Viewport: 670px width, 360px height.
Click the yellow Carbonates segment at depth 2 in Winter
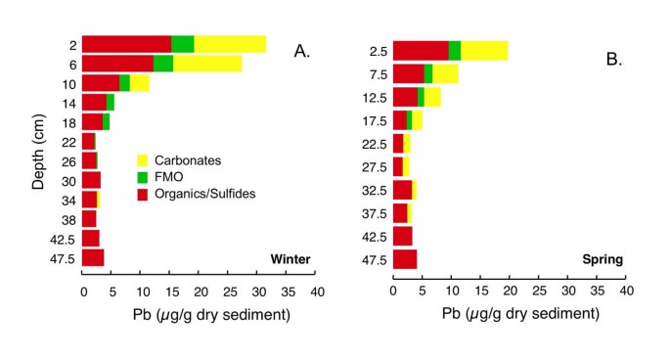click(230, 43)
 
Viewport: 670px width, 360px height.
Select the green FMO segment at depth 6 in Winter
click(163, 64)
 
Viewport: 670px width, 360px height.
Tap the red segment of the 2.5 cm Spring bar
click(421, 51)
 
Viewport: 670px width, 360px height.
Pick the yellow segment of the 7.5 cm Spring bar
click(445, 74)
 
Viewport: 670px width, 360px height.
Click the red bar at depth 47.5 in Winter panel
click(93, 258)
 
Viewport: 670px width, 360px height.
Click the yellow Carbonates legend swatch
click(142, 158)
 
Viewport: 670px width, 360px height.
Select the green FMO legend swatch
click(142, 176)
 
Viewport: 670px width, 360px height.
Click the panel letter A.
click(302, 53)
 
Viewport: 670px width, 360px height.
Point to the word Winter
click(290, 259)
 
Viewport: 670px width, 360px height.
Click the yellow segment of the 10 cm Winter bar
click(139, 83)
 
